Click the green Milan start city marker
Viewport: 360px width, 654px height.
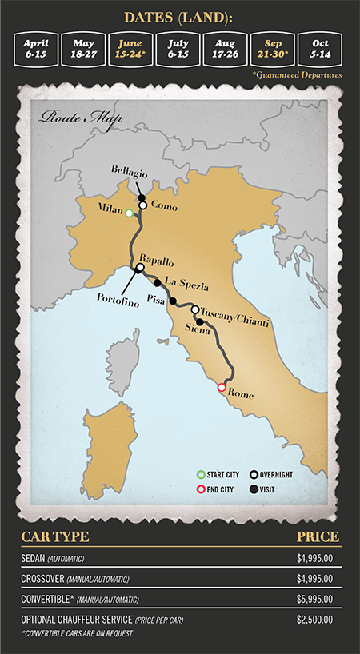tap(129, 213)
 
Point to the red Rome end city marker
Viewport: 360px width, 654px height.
tap(222, 387)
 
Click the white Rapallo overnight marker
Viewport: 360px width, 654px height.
tap(140, 268)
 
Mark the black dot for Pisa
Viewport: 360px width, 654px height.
tap(173, 301)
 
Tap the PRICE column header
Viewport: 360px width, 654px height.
tap(318, 536)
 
